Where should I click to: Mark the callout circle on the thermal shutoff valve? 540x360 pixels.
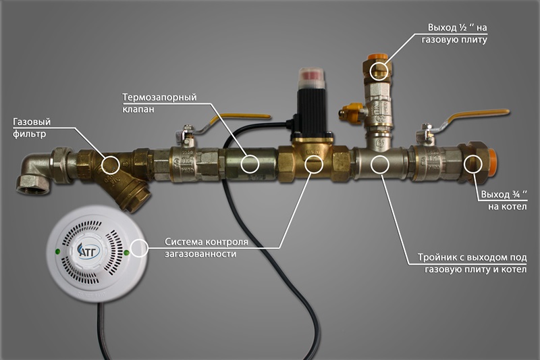(x=251, y=163)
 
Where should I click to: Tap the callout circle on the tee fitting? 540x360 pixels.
(x=380, y=163)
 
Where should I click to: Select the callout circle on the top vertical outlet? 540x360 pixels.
(x=379, y=69)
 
